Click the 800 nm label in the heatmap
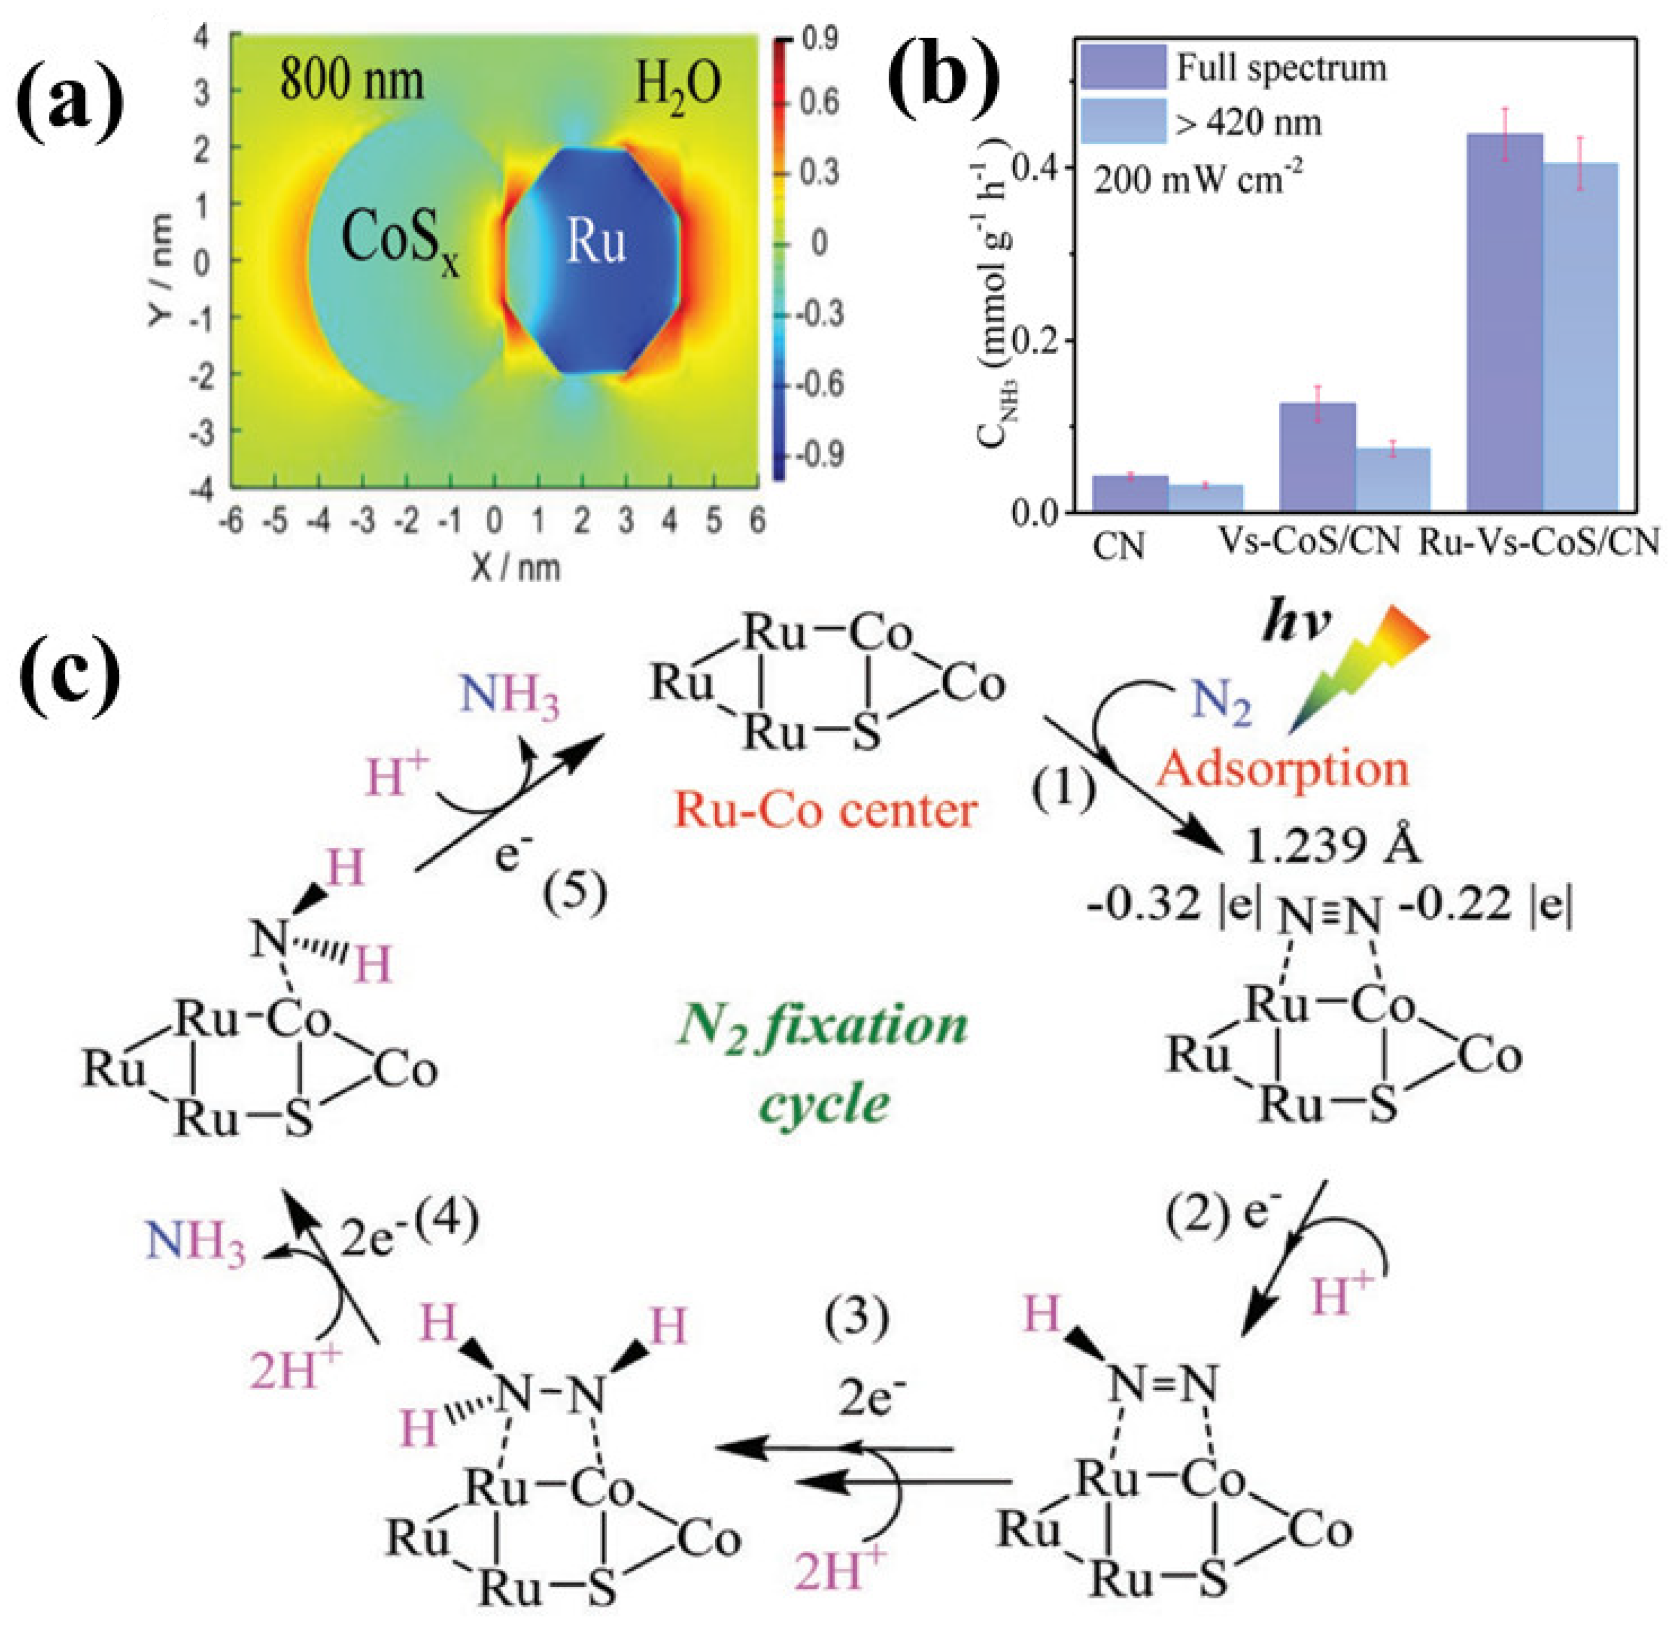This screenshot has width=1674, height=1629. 351,81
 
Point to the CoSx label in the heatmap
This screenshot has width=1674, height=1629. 399,240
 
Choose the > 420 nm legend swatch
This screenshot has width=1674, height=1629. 1122,121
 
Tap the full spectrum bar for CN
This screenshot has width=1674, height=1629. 1131,494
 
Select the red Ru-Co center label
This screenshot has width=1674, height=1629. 826,809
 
